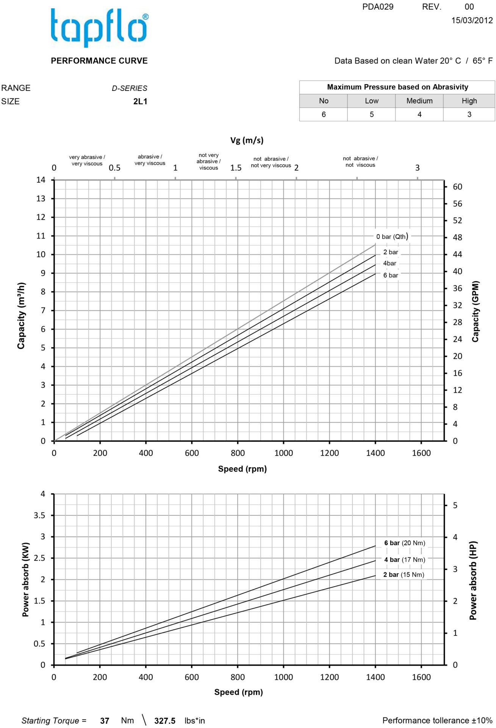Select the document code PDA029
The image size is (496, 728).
coord(378,7)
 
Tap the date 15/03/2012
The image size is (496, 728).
coord(472,20)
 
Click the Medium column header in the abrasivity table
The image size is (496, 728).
coord(419,101)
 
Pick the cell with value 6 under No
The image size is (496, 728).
coord(324,115)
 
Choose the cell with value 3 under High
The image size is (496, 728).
coord(469,115)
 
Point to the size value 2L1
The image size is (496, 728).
coord(140,102)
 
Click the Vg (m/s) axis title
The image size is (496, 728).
coord(247,140)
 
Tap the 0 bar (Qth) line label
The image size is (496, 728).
coord(392,237)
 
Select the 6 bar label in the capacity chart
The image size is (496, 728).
coord(391,275)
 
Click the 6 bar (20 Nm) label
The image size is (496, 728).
coord(405,543)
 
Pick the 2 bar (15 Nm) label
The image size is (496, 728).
coord(404,575)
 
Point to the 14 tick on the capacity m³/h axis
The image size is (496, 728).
coord(41,180)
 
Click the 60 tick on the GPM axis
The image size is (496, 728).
coord(457,187)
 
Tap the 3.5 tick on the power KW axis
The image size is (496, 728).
coord(39,515)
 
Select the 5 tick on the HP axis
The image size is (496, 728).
coord(455,505)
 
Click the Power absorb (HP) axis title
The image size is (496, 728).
coord(473,581)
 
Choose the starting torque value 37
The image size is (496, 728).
coord(105,721)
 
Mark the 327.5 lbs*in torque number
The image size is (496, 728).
coord(165,721)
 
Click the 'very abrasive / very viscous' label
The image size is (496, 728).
coord(87,160)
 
